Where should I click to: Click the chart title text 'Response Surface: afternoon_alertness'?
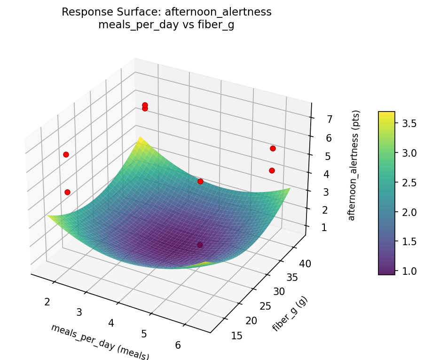click(x=166, y=12)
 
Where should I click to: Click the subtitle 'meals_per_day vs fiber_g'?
click(x=166, y=25)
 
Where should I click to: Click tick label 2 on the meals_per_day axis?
click(x=47, y=301)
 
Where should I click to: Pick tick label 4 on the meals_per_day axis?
click(x=111, y=323)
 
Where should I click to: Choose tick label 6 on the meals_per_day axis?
click(x=178, y=345)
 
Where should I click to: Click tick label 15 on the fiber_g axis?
click(x=238, y=335)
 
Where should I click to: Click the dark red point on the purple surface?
click(x=200, y=245)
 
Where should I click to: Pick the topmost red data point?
click(x=145, y=105)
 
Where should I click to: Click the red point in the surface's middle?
click(x=200, y=181)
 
